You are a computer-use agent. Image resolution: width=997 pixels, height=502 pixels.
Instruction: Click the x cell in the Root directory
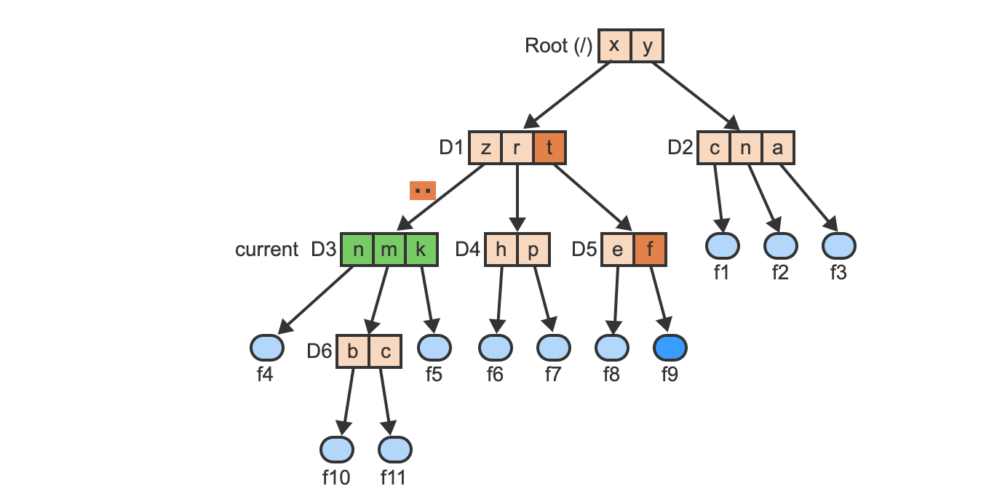(x=615, y=46)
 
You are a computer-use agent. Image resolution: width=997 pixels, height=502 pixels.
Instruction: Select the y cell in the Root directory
(x=647, y=46)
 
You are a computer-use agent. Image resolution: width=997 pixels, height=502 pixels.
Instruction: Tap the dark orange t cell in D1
(x=549, y=148)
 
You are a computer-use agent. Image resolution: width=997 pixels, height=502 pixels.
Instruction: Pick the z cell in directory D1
(x=485, y=148)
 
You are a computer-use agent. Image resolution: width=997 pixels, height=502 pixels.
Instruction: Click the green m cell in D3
(x=389, y=250)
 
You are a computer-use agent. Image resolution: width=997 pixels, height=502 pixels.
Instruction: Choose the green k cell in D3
(x=421, y=250)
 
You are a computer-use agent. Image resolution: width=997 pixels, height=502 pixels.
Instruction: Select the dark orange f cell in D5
(x=650, y=250)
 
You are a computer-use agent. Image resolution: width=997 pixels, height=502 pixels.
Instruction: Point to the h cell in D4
(x=501, y=250)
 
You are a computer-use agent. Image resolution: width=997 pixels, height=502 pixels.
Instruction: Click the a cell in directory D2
(x=777, y=148)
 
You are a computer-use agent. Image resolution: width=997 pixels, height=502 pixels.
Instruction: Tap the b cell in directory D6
(x=353, y=352)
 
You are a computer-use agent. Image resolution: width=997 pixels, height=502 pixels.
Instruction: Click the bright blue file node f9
(x=670, y=348)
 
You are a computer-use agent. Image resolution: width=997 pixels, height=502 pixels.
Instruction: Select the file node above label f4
(x=266, y=348)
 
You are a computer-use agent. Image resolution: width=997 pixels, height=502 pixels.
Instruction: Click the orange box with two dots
(x=423, y=191)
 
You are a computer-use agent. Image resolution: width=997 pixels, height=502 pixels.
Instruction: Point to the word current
(x=266, y=250)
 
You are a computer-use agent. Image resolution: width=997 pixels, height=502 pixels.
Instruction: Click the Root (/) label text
(x=558, y=46)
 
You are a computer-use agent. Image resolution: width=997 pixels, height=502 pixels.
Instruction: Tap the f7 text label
(x=554, y=376)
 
